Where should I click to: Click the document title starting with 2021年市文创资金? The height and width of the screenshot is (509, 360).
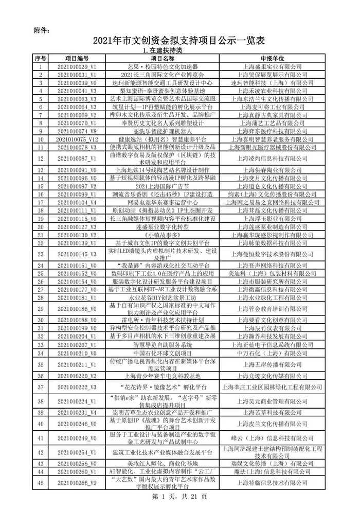pos(179,41)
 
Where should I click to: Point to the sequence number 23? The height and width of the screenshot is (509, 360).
pos(41,254)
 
